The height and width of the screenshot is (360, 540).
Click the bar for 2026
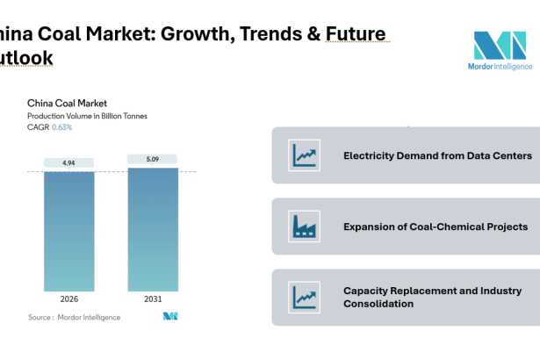69,231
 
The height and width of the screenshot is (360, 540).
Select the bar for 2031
152,229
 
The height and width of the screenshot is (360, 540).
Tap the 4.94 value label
69,162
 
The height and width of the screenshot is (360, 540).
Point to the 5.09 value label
152,159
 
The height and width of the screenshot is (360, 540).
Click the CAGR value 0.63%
61,127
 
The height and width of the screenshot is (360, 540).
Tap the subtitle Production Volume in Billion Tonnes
87,116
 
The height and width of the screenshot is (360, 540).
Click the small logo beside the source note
170,316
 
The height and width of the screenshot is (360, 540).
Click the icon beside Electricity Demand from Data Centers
305,155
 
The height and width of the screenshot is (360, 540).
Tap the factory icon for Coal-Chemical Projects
305,227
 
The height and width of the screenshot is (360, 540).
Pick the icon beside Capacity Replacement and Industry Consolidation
305,297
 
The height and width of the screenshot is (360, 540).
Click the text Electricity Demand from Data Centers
437,155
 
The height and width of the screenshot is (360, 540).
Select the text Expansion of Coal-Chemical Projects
436,227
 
